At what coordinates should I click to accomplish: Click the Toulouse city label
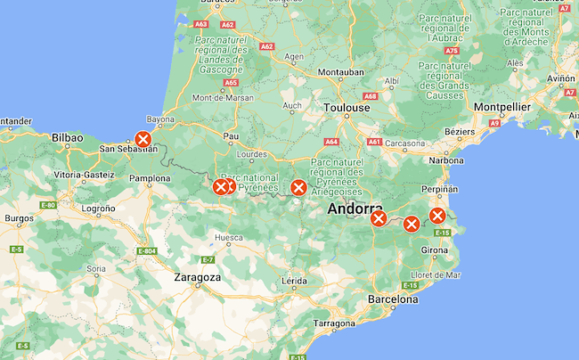coord(347,107)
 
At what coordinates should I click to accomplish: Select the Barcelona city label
coord(393,299)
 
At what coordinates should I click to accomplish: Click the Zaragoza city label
coord(197,277)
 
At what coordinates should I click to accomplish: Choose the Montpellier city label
coord(502,107)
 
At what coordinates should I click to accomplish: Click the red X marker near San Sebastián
coord(143,139)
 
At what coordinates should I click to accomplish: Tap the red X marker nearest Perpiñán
coord(437,216)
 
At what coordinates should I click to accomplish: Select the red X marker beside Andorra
coord(379,218)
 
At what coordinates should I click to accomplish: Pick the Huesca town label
coord(228,238)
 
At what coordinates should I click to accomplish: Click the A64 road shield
coord(331,141)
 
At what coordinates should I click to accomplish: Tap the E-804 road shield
coord(147,251)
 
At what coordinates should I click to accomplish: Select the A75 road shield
coord(453,51)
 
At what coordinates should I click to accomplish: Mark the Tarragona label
coord(335,323)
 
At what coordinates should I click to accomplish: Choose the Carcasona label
coord(405,143)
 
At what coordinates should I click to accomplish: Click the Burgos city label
coord(19,217)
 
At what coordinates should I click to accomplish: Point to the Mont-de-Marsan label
coord(223,97)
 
